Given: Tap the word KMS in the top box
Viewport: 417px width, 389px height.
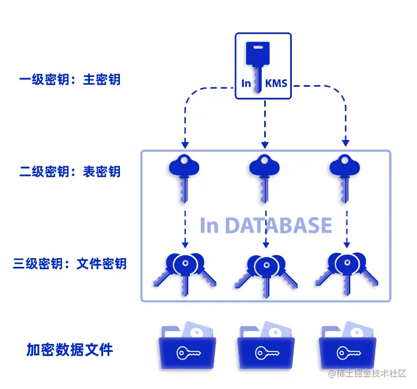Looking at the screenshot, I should [x=276, y=84].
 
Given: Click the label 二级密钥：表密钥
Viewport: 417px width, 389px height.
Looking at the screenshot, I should [x=70, y=171].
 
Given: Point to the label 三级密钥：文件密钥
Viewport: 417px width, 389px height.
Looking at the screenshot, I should [x=70, y=264].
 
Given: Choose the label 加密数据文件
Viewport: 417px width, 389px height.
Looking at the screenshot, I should [x=69, y=350].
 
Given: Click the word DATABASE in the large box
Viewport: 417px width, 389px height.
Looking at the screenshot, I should [x=279, y=226].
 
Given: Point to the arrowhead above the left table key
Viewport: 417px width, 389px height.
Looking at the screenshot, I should [x=184, y=143].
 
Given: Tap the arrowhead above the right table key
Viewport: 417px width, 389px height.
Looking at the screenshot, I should [x=346, y=143].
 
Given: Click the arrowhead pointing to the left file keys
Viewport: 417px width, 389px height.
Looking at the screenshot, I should [x=184, y=245].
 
